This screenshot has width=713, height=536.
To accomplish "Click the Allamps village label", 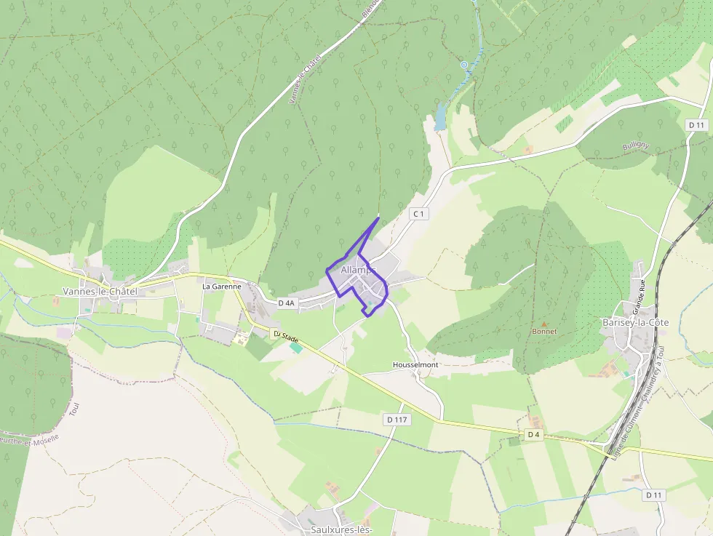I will [x=356, y=270].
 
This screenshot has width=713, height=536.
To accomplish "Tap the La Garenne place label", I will [x=221, y=287].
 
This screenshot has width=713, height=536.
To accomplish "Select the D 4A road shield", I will [x=287, y=303].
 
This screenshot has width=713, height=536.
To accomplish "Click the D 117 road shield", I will [x=397, y=420].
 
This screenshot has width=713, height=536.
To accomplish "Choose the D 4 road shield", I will [x=534, y=435].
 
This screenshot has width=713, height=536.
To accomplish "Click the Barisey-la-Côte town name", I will [x=635, y=321].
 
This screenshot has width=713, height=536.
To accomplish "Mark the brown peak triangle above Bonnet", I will [x=543, y=324].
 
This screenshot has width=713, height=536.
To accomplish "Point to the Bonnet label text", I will [x=544, y=332].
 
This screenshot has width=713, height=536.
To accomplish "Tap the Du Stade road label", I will [x=286, y=337].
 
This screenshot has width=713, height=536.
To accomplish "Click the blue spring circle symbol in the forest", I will [x=463, y=65].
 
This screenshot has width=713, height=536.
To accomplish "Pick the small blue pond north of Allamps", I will [x=440, y=116].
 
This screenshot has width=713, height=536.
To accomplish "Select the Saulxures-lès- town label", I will [x=341, y=529].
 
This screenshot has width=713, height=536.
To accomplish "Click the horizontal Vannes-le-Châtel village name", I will [x=100, y=291].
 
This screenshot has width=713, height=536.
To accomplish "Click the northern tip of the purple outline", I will [x=379, y=217].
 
